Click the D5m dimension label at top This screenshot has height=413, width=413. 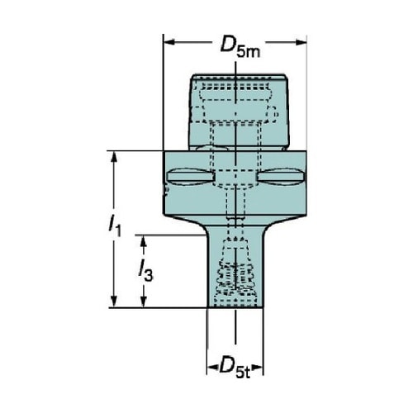point(240,47)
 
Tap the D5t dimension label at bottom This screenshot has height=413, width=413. point(235,369)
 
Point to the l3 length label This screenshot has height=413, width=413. point(145,271)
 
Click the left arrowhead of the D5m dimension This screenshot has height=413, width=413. point(169,42)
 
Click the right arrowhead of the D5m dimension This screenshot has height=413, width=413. point(301,42)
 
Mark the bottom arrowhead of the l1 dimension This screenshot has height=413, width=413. point(114,301)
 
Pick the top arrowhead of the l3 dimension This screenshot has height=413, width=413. point(143,241)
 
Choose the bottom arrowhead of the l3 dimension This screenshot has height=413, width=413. point(143,301)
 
